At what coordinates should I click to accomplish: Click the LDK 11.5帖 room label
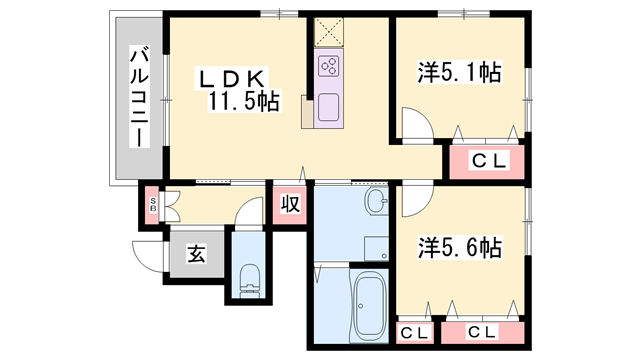click(237, 88)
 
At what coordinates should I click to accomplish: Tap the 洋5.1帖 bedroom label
click(459, 73)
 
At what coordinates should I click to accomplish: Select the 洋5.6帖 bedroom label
click(459, 247)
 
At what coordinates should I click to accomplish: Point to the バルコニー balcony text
click(139, 95)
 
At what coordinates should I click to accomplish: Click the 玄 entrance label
click(194, 254)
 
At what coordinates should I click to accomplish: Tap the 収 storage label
click(290, 205)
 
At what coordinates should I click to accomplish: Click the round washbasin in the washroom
click(377, 204)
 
